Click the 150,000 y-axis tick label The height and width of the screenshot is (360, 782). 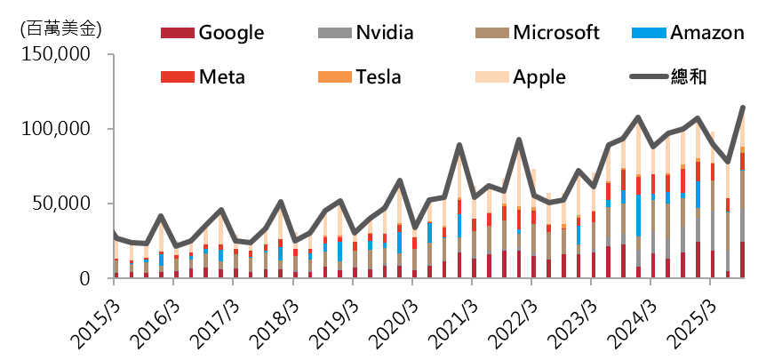55,54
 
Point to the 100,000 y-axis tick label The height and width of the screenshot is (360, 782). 55,129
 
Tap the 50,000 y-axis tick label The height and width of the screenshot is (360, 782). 61,204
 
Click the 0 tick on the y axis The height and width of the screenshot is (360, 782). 85,278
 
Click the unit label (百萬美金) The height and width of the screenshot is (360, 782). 60,28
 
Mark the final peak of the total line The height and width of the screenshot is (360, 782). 743,108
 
